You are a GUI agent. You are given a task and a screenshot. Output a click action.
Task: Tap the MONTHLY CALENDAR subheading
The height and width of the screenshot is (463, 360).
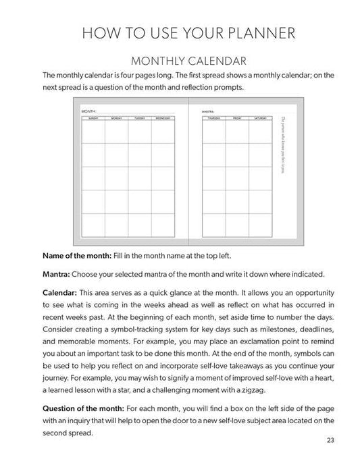pos(180,61)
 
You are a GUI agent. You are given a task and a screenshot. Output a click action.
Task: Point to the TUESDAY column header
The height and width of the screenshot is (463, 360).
pos(140,118)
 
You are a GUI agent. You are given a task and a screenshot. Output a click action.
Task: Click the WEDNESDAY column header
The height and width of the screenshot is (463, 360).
pos(163,118)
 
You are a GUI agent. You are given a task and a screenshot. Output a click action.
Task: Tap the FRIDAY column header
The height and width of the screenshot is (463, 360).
pos(237,118)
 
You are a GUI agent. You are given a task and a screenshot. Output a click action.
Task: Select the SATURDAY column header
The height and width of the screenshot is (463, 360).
pos(260,118)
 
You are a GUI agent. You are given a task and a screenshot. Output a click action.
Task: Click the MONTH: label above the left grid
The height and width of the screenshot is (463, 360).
pos(88,110)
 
